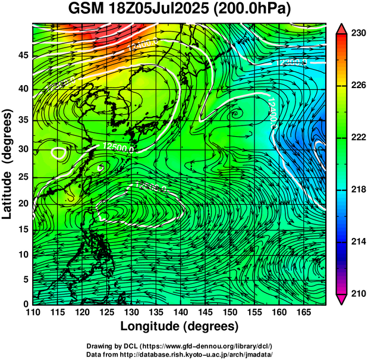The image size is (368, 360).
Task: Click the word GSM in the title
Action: (85, 10)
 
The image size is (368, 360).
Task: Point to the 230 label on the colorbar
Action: (358, 33)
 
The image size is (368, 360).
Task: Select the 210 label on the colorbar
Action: (358, 293)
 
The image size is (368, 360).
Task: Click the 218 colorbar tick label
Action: (358, 189)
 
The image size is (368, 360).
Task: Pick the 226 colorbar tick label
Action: (358, 85)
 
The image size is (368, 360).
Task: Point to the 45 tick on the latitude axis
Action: (23, 55)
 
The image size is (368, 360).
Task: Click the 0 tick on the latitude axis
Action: (26, 303)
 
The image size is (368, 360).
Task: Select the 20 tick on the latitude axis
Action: (23, 204)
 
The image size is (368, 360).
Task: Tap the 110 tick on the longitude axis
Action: (33, 312)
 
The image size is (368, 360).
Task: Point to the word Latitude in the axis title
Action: (9, 191)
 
